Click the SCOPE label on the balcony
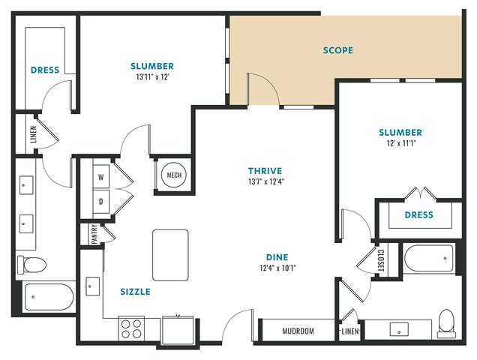coord(338,50)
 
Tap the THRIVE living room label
coord(265,171)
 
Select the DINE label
coord(277,257)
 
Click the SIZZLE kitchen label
coord(135,292)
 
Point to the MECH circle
coord(174,175)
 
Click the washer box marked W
coord(101,177)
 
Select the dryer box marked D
coord(101,202)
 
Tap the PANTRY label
coord(94,234)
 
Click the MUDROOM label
coord(298,331)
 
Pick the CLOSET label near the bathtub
coord(380,260)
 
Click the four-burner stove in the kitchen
coord(131,328)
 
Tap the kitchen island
coord(170,255)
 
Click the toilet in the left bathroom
coord(31,265)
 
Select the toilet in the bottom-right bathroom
coord(446,323)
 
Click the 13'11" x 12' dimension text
coord(152,77)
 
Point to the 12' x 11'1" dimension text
coord(401,143)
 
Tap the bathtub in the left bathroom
coord(49,297)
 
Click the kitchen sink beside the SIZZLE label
coord(92,286)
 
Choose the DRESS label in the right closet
coord(419,215)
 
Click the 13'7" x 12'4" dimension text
coord(266,182)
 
